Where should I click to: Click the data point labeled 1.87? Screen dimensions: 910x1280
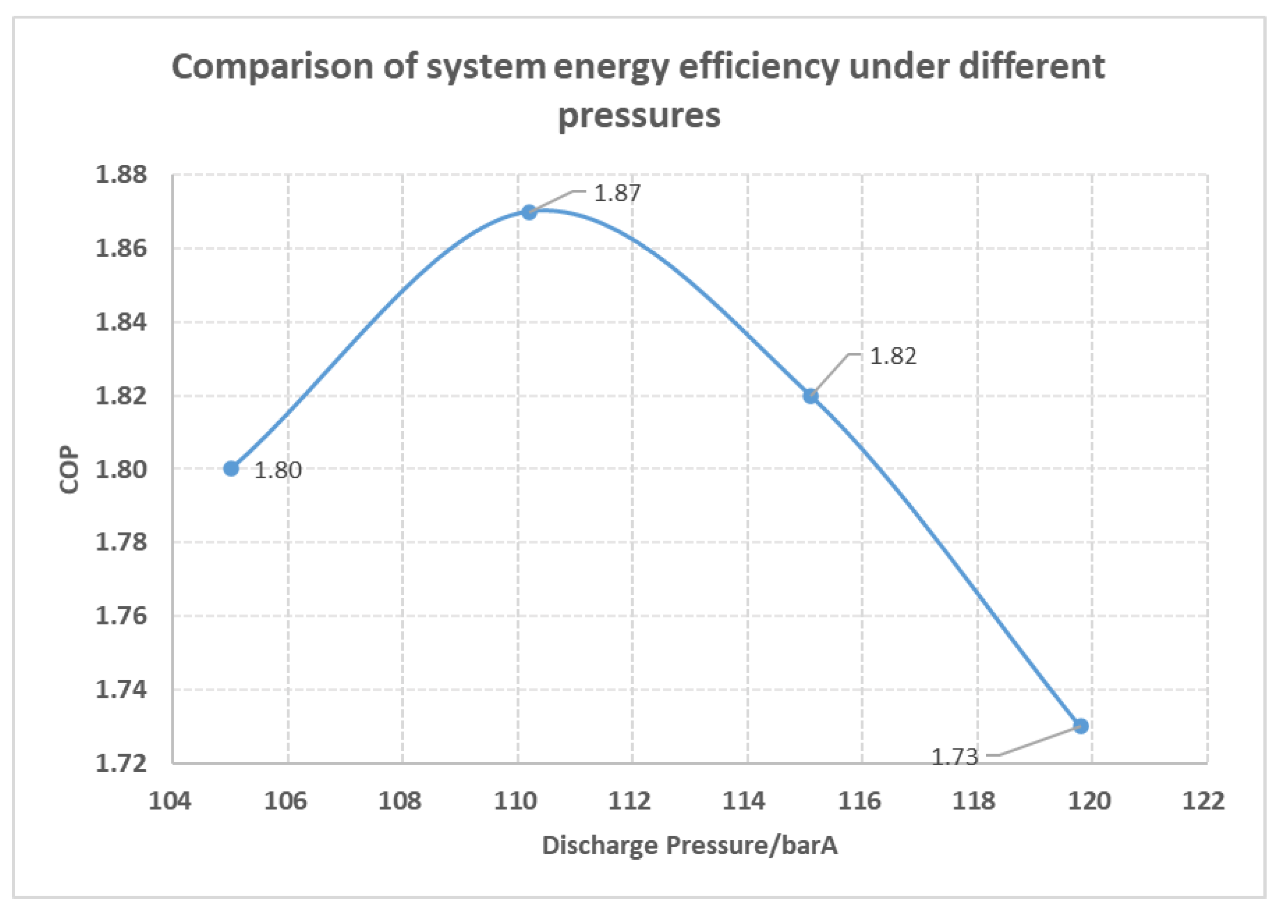point(529,212)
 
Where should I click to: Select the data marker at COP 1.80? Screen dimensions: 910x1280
point(231,469)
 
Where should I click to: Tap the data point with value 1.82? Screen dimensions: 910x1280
point(811,396)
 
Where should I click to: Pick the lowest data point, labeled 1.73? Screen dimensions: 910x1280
point(1081,726)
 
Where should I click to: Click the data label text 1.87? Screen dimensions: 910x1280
point(617,194)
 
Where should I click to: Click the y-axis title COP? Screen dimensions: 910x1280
point(70,470)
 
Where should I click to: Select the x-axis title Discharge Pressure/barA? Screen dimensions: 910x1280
point(690,845)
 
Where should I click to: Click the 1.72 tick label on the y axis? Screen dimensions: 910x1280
point(121,763)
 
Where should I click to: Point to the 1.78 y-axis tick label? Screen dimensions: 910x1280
point(121,542)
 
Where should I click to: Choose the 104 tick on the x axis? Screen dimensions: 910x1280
point(170,802)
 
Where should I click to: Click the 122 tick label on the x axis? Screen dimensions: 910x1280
point(1203,802)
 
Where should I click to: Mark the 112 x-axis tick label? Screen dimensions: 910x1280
point(630,802)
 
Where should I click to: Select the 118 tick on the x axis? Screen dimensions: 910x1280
point(974,802)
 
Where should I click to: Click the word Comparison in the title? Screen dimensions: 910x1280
point(273,67)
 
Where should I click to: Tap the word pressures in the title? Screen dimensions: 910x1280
point(639,115)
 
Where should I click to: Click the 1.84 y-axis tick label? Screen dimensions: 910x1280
point(121,322)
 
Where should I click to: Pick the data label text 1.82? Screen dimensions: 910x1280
point(892,356)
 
